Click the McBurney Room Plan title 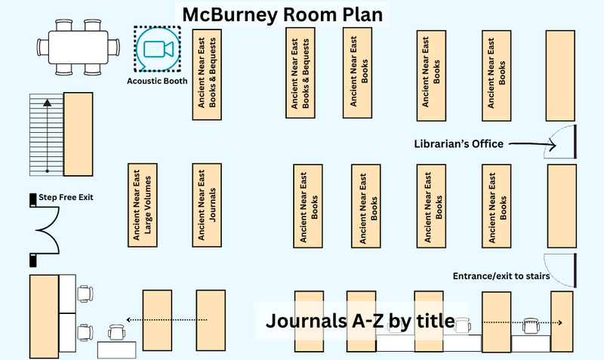[282, 14]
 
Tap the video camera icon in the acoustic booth [159, 49]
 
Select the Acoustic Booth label [157, 81]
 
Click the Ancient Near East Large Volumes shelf [143, 205]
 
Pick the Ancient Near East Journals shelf [207, 205]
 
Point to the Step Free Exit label [66, 197]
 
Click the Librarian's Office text [459, 144]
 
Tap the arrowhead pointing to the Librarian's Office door [553, 145]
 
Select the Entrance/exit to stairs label [501, 276]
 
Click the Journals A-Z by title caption [360, 320]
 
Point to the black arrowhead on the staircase [47, 103]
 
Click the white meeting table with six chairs [79, 48]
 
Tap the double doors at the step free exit [45, 230]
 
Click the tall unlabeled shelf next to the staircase [79, 134]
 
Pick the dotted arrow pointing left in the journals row [167, 319]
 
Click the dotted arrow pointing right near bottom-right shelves [522, 323]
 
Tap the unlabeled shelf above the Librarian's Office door [560, 76]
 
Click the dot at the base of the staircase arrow [47, 171]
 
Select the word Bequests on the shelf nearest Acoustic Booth [212, 56]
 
